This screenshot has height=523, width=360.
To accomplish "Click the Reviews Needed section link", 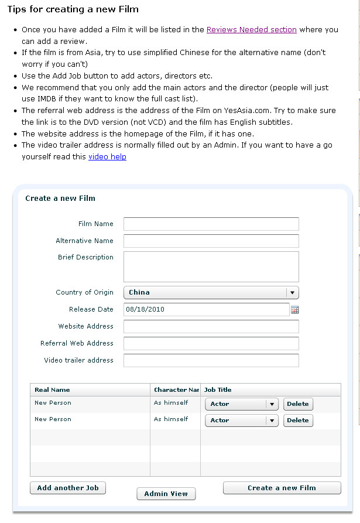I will click(x=252, y=29).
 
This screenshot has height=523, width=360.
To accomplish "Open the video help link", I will click(x=107, y=156).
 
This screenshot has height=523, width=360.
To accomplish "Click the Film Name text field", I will click(x=211, y=224).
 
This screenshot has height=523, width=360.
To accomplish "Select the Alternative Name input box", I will click(x=211, y=241).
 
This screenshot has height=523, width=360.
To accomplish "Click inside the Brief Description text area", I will click(x=211, y=267).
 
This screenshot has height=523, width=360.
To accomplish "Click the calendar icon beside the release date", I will click(x=295, y=310).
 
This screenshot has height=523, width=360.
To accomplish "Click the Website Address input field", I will click(x=211, y=327).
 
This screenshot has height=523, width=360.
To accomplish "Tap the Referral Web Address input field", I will click(x=211, y=344).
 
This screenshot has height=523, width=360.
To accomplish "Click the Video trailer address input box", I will click(x=211, y=361).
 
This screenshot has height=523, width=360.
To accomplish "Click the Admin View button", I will click(x=166, y=494).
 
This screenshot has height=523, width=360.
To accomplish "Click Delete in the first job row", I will click(x=298, y=404).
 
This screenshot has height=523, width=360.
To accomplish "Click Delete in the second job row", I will click(x=298, y=421).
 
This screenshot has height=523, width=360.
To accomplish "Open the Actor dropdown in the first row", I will click(x=272, y=404).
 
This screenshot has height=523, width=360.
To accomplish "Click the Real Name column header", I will click(x=53, y=390).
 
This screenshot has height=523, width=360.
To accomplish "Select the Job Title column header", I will click(x=218, y=390).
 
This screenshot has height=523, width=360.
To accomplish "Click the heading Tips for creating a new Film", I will click(x=73, y=10).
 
